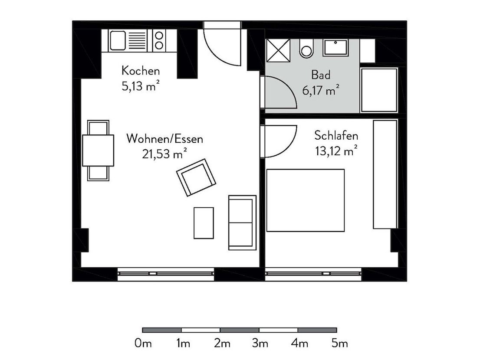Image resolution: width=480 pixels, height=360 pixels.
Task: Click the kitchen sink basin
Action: click(118, 40)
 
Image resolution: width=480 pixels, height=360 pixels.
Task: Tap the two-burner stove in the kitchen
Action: click(159, 40)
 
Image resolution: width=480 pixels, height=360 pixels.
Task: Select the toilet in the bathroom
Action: click(306, 49)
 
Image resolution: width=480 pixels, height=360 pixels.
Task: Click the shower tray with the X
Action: click(278, 50)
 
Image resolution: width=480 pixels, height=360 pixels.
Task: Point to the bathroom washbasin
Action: click(336, 48)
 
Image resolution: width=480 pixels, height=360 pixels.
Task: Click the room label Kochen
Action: click(141, 71)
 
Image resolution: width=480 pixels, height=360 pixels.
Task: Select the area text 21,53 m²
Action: click(164, 154)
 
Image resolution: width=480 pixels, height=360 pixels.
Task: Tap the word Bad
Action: click(321, 75)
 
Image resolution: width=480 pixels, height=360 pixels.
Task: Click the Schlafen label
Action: click(336, 135)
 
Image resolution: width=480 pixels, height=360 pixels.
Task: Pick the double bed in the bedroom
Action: click(306, 200)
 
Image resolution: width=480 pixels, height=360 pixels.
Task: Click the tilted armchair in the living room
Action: click(196, 177)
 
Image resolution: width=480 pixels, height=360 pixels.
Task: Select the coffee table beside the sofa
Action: click(204, 223)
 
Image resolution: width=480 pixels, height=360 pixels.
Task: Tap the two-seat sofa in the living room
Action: click(242, 223)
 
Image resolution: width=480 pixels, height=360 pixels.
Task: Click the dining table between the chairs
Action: click(98, 151)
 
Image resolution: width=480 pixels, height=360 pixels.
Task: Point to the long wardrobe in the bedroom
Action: click(385, 174)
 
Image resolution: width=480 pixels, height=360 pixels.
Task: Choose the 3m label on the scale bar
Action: click(260, 343)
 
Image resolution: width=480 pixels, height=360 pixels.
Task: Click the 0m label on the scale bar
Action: click(143, 343)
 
